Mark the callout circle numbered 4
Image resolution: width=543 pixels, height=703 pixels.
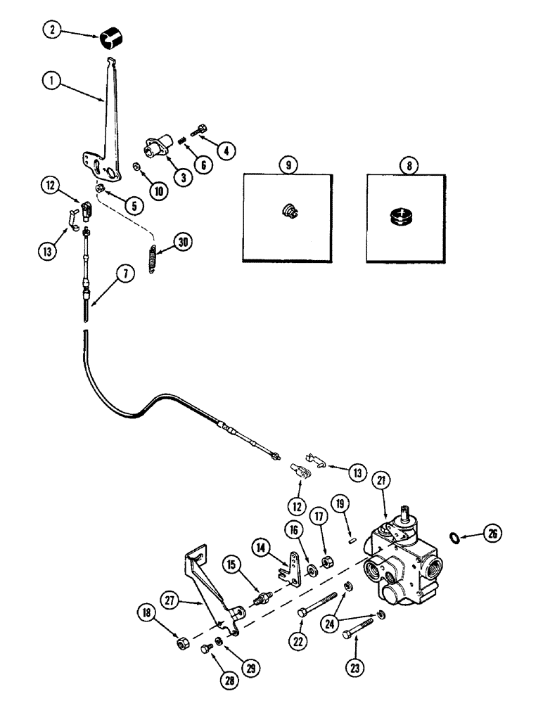tap(226, 149)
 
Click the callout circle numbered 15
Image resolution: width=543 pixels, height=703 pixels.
tap(232, 564)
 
